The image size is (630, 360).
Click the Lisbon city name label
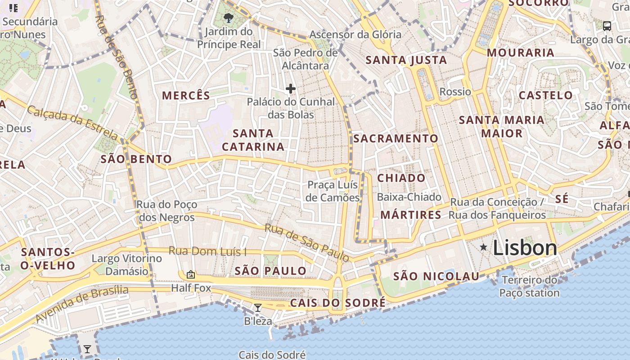(x=525, y=248)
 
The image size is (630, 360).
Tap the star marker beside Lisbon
(x=483, y=247)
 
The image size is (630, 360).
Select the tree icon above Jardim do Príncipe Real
(x=229, y=18)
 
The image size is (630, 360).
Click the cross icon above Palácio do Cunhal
(x=291, y=89)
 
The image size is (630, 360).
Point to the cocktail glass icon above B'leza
(x=258, y=308)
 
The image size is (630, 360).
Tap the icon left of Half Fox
(x=191, y=274)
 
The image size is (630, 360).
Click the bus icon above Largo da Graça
(x=607, y=26)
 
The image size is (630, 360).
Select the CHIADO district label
(x=401, y=178)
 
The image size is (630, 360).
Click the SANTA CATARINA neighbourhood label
(x=253, y=140)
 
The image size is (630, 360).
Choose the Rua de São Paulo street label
(x=307, y=243)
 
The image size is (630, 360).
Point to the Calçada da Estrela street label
(x=72, y=122)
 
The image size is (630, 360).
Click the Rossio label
(x=455, y=92)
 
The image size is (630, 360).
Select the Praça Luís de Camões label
(x=333, y=191)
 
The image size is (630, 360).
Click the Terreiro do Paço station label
(x=530, y=286)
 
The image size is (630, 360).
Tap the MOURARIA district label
(x=521, y=53)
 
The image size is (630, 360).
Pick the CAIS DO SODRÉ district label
(x=337, y=303)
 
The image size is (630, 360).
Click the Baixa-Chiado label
(x=409, y=197)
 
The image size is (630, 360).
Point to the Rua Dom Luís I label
(x=207, y=251)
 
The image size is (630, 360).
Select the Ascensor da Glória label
(x=355, y=34)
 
